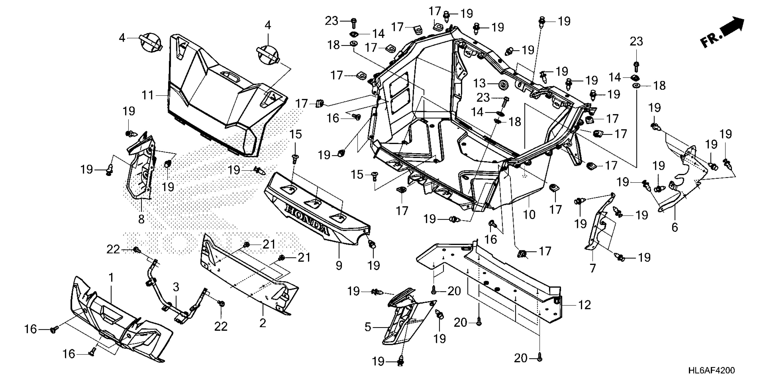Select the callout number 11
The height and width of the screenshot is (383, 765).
tap(148, 96)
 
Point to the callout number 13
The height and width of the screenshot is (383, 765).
tap(479, 84)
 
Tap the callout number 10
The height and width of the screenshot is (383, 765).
tap(529, 214)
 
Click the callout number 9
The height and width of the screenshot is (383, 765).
tap(339, 265)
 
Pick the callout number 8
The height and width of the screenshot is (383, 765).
tap(141, 219)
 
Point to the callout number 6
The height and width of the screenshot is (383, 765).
tap(675, 228)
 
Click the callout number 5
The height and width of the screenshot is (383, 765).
tap(368, 327)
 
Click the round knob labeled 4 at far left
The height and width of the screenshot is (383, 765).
tap(150, 45)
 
